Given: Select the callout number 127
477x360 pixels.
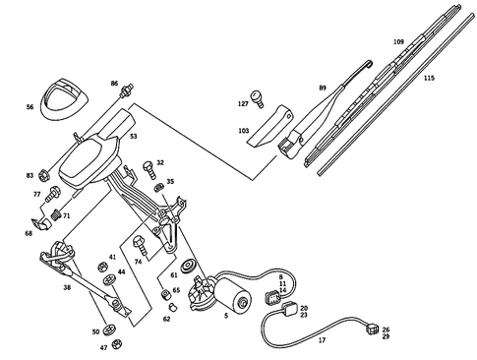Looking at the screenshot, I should (x=242, y=103).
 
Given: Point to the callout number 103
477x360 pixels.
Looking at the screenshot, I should (x=243, y=130).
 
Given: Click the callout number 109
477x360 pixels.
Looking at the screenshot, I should (x=398, y=41).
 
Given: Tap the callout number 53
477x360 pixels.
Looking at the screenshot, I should (x=133, y=137).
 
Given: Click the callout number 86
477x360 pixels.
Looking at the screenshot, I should (x=115, y=85).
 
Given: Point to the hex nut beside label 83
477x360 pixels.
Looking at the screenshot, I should (x=45, y=178).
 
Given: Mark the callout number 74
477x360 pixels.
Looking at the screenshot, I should (x=139, y=263).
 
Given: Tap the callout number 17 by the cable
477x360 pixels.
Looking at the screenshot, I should (x=321, y=340).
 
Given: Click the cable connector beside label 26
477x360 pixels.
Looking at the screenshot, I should (x=370, y=331).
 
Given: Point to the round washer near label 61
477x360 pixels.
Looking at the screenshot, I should (x=188, y=263).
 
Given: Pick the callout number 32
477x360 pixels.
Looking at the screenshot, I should (x=160, y=162).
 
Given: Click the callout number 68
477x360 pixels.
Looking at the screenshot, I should (x=29, y=233).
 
